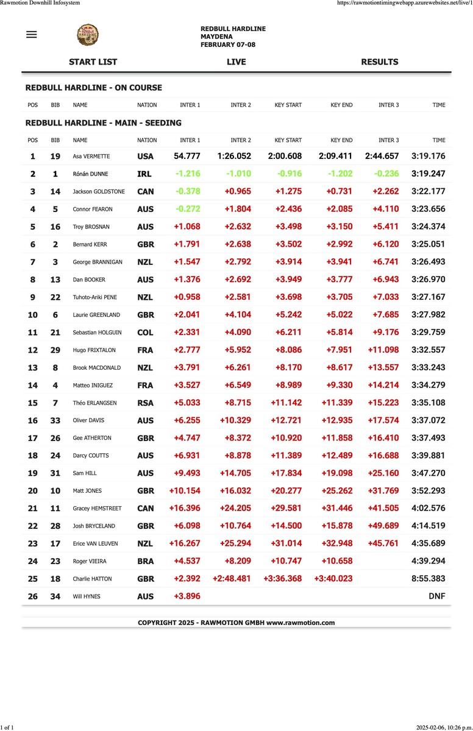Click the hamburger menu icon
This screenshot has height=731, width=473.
tap(32, 34)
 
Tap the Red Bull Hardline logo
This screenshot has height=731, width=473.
tap(88, 35)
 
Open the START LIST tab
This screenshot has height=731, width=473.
tap(93, 62)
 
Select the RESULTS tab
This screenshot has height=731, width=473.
tap(379, 62)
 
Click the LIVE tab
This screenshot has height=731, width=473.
tap(236, 62)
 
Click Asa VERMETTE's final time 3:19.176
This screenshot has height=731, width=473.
tap(428, 156)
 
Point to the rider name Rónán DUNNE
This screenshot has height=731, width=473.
tap(90, 174)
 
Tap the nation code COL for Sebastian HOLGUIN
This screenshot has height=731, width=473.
tap(145, 333)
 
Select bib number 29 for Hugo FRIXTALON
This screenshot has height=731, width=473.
tap(55, 350)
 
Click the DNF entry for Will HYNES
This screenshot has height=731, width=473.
tap(437, 596)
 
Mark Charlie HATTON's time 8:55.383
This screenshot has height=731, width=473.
tap(428, 579)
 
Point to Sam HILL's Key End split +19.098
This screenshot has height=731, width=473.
tap(335, 473)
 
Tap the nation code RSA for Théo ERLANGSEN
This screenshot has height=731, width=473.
tap(145, 403)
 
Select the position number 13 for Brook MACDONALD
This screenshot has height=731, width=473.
tap(33, 368)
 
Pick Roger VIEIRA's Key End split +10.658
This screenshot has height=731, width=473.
tap(335, 561)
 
